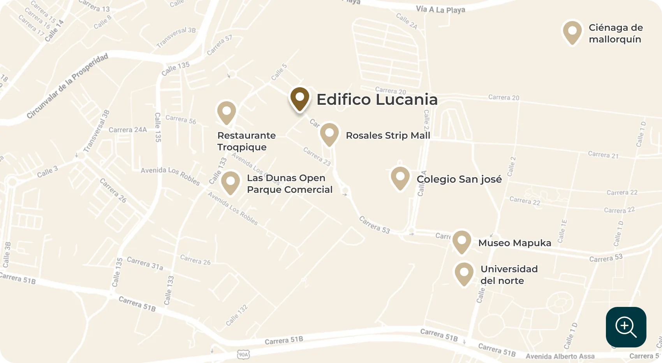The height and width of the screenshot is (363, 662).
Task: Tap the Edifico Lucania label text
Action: [377, 99]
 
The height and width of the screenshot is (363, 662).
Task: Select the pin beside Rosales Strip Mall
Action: [329, 134]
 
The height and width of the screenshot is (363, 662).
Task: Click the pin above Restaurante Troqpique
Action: [227, 112]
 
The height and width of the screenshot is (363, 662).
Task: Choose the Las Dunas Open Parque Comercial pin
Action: [231, 182]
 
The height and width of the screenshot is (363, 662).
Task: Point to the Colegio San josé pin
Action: [400, 178]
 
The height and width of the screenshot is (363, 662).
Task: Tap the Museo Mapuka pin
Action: [462, 241]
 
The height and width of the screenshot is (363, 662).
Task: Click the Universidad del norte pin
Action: [464, 273]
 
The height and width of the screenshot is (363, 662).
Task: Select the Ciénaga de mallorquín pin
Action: [572, 32]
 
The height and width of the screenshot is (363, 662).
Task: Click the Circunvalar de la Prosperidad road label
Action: [67, 86]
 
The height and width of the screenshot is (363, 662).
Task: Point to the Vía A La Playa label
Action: [440, 9]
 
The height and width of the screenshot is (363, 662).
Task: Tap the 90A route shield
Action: [243, 354]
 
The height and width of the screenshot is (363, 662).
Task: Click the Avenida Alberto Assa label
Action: [560, 356]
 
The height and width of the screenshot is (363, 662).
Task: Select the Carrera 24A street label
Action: [128, 130]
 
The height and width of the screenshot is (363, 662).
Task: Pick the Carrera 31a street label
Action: [145, 263]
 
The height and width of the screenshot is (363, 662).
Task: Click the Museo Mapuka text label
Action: [514, 243]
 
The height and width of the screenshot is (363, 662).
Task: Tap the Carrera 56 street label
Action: [181, 119]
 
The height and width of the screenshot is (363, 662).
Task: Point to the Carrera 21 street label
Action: [603, 155]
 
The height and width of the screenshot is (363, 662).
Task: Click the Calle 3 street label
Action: [48, 171]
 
